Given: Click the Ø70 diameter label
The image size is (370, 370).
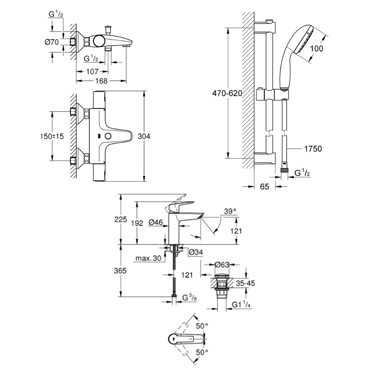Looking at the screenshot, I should (x=52, y=42).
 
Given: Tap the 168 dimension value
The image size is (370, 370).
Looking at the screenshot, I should (x=100, y=81).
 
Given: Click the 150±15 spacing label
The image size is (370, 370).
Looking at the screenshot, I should (x=52, y=136).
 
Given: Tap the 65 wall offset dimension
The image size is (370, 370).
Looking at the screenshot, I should (x=264, y=186).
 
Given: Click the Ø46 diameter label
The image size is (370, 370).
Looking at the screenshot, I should (x=156, y=223).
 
